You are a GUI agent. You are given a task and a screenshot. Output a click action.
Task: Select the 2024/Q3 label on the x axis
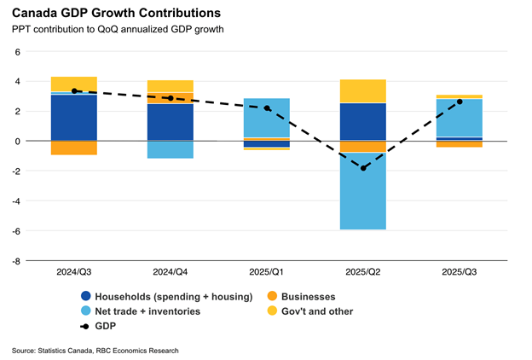[x=74, y=271]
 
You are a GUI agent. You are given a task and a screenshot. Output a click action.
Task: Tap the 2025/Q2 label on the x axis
[x=363, y=271]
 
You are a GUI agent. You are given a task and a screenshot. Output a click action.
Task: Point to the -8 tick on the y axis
[x=15, y=261]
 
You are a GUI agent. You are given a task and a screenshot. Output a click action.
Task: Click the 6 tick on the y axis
[x=17, y=51]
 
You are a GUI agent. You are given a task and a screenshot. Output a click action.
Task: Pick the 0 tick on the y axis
[x=17, y=141]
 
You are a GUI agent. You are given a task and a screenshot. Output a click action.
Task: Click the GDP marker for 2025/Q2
[x=363, y=168]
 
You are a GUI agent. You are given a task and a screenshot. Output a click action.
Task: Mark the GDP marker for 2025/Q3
[x=460, y=102]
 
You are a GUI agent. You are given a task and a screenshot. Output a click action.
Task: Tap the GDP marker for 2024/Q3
[x=74, y=90]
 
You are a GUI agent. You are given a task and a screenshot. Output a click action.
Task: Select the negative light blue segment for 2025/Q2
[x=363, y=191]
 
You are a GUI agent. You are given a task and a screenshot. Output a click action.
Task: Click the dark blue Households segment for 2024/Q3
[x=74, y=118]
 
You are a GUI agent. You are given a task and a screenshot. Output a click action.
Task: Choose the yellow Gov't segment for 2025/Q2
[x=363, y=90]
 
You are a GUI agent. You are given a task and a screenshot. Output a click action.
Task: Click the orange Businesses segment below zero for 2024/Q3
[x=74, y=148]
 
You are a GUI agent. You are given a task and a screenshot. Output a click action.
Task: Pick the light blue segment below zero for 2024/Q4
[x=171, y=149]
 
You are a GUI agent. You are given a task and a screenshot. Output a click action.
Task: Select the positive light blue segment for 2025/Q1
[x=267, y=118]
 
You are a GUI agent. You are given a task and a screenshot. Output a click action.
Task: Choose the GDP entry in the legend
[x=106, y=327]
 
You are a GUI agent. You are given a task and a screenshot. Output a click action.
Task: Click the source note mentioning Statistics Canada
[x=95, y=350]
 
